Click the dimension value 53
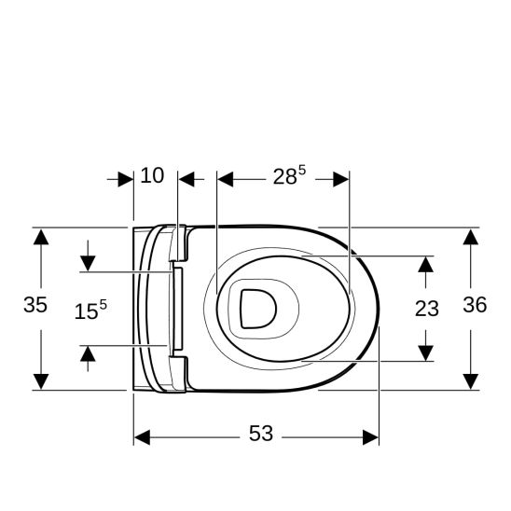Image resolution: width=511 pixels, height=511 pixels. [261, 435]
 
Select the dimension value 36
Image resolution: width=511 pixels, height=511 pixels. [475, 305]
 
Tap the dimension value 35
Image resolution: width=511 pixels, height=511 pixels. [35, 305]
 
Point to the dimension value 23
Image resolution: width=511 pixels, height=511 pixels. [426, 309]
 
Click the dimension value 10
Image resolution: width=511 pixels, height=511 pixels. [152, 175]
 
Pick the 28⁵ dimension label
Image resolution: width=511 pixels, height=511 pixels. [288, 176]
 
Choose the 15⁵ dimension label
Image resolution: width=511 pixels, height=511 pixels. [90, 311]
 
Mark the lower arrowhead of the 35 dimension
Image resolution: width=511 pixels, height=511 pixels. [40, 381]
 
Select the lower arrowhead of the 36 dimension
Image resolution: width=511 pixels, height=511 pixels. [472, 381]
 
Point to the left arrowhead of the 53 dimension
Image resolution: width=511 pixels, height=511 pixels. [142, 436]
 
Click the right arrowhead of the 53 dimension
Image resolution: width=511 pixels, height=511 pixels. [371, 436]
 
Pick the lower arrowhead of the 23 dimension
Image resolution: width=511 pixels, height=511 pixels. [426, 352]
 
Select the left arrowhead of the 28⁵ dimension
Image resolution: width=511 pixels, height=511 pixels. [224, 178]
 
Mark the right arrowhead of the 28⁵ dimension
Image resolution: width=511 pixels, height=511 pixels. [340, 178]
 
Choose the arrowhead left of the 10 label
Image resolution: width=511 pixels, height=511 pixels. [126, 178]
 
